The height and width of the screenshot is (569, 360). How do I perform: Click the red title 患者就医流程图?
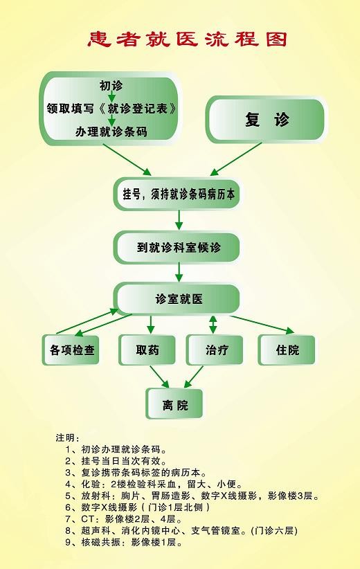pyautogui.click(x=187, y=39)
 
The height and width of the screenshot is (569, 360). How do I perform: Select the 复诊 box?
pyautogui.click(x=266, y=119)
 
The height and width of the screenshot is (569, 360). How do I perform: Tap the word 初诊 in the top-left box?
pyautogui.click(x=111, y=86)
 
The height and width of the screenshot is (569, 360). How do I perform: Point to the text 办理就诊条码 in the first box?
pyautogui.click(x=111, y=132)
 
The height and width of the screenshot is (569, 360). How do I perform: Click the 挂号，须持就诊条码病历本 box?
pyautogui.click(x=178, y=194)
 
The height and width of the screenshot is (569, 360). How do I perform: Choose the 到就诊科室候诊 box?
pyautogui.click(x=177, y=248)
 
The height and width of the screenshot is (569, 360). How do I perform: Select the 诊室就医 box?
pyautogui.click(x=177, y=299)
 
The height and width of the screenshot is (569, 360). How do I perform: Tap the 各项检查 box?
pyautogui.click(x=71, y=350)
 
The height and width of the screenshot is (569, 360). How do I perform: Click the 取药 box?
pyautogui.click(x=147, y=350)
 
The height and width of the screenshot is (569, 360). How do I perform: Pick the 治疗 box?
pyautogui.click(x=215, y=350)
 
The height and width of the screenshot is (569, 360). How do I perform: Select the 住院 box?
pyautogui.click(x=287, y=350)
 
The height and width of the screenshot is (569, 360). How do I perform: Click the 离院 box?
pyautogui.click(x=174, y=404)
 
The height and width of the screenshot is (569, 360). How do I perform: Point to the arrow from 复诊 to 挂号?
pyautogui.click(x=235, y=159)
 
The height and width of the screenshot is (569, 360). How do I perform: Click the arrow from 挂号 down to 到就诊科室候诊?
pyautogui.click(x=179, y=220)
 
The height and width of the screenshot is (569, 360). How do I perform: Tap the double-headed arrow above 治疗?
pyautogui.click(x=213, y=325)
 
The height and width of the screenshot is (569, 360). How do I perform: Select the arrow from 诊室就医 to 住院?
pyautogui.click(x=262, y=325)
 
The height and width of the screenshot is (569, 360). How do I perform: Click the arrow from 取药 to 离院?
pyautogui.click(x=160, y=377)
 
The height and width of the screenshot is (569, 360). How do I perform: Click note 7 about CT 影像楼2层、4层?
pyautogui.click(x=123, y=519)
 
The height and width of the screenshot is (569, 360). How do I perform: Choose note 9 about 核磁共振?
pyautogui.click(x=124, y=543)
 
